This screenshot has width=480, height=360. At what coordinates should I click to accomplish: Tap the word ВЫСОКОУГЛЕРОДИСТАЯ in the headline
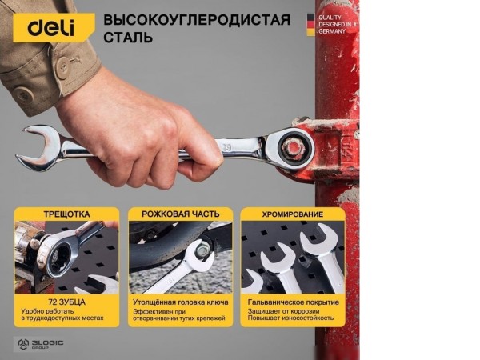pyautogui.click(x=197, y=19)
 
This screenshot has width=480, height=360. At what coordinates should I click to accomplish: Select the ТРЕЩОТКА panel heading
pyautogui.click(x=66, y=214)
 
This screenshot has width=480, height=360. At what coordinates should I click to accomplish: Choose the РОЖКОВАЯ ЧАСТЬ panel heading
pyautogui.click(x=180, y=214)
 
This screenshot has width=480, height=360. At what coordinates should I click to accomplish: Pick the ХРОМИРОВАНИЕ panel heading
pyautogui.click(x=293, y=214)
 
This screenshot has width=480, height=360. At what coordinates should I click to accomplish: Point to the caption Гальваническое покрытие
pyautogui.click(x=293, y=302)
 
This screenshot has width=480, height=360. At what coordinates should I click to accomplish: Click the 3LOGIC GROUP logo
pyautogui.click(x=40, y=343)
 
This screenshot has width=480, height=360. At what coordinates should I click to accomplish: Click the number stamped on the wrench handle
pyautogui.click(x=227, y=146)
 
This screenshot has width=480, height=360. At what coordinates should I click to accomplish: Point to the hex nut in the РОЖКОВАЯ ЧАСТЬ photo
pyautogui.click(x=202, y=250)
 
